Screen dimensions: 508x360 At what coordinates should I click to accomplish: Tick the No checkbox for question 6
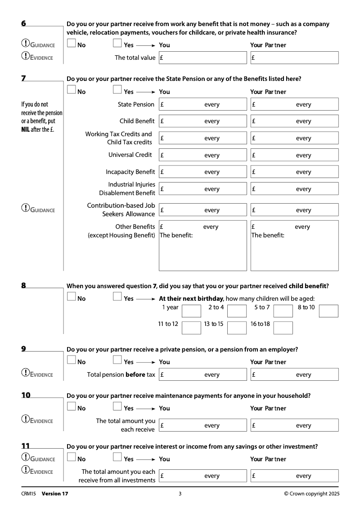click(x=71, y=44)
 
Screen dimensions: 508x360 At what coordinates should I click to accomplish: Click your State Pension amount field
click(x=202, y=104)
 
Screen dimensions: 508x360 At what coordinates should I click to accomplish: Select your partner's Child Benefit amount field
click(x=294, y=121)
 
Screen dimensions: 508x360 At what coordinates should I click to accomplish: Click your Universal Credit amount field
click(x=202, y=155)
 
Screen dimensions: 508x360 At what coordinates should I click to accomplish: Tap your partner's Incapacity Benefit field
click(x=294, y=172)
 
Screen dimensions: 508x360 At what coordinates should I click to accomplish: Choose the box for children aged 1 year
click(x=191, y=311)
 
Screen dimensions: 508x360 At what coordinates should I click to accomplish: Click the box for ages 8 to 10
click(x=328, y=311)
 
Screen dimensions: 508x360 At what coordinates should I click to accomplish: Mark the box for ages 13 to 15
click(x=237, y=327)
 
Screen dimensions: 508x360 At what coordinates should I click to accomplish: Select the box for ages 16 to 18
click(x=283, y=327)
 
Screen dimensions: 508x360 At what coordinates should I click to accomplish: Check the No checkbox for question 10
click(x=71, y=407)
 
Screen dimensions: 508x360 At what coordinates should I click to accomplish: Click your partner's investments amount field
click(x=294, y=476)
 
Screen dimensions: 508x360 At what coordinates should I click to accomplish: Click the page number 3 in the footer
click(x=180, y=494)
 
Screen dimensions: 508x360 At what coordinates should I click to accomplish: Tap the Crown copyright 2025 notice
click(x=312, y=494)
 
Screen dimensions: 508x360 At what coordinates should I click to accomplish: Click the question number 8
click(x=23, y=285)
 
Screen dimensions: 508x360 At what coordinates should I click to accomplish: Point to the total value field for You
click(x=202, y=58)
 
